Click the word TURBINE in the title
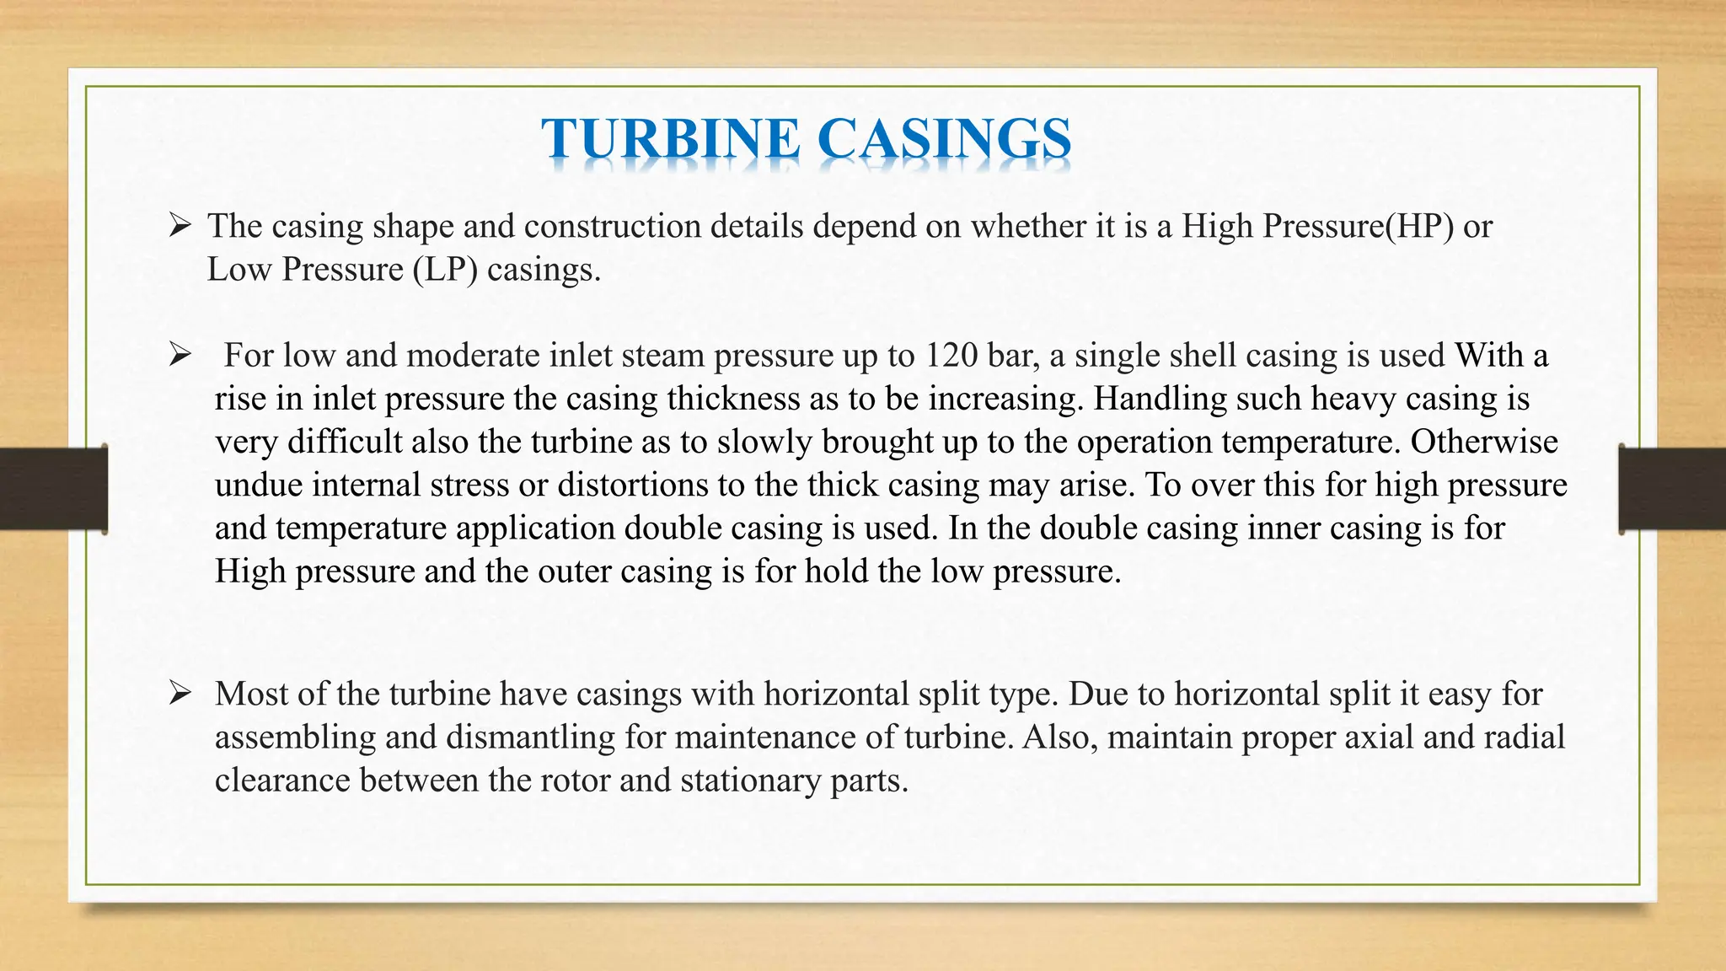coord(670,139)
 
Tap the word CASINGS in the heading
coord(944,139)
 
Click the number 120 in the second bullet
coord(951,356)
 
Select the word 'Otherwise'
coord(1484,442)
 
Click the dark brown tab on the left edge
coord(53,489)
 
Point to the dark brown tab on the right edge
coord(1672,489)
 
